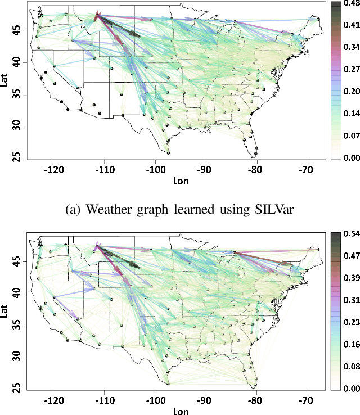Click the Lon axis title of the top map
point(181,181)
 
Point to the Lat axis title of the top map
point(5,80)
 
